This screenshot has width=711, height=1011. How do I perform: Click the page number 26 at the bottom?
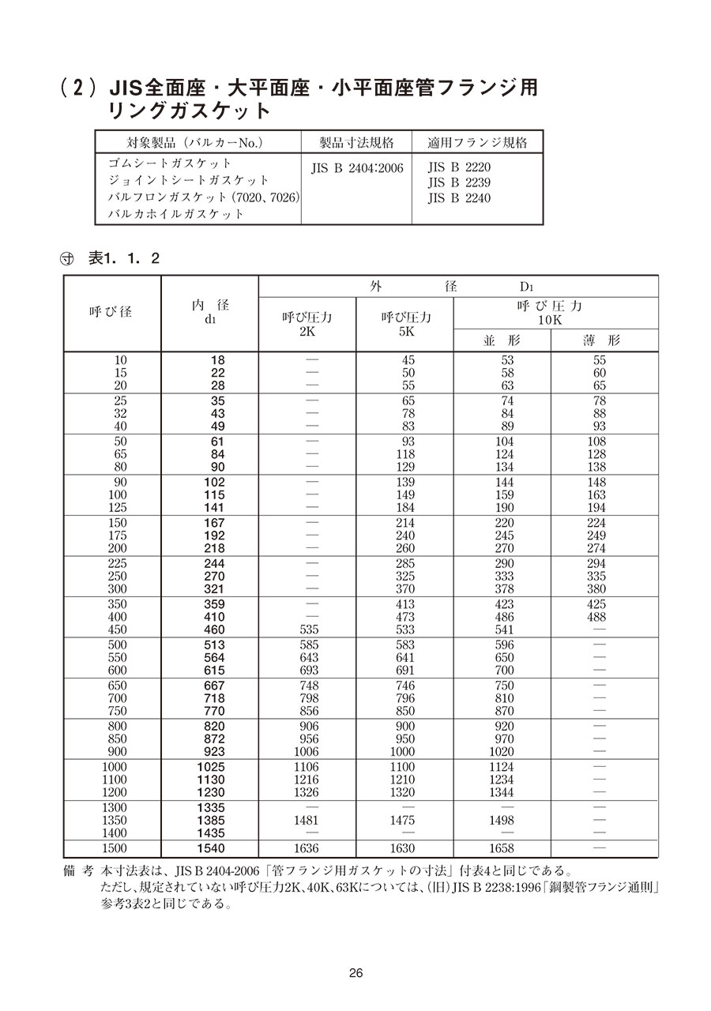(355, 973)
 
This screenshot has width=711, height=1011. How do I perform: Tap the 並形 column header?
(502, 340)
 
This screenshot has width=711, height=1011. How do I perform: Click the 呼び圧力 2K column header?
(307, 324)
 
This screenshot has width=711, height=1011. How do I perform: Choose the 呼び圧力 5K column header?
(406, 324)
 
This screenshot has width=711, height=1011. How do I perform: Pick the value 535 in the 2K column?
(307, 630)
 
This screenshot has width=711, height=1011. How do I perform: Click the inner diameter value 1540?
(211, 849)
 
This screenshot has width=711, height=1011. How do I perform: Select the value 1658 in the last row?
(502, 849)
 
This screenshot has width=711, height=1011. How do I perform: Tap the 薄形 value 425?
(597, 605)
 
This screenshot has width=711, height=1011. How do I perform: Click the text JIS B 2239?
(459, 182)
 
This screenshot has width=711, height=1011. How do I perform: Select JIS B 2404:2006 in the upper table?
(357, 167)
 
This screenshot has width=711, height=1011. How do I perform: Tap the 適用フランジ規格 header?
(477, 142)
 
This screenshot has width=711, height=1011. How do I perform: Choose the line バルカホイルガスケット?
(176, 213)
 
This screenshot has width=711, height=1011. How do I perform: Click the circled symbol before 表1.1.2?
(68, 258)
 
